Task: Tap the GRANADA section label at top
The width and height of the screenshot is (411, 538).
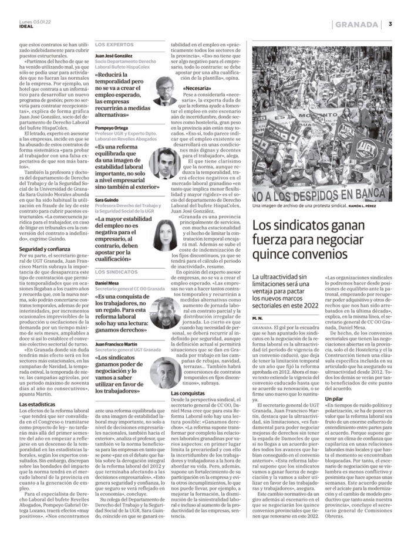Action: [355, 24]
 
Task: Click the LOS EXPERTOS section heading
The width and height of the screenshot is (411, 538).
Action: [114, 44]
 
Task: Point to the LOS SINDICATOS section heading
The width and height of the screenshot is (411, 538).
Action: [117, 272]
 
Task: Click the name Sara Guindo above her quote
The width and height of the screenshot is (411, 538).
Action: [107, 200]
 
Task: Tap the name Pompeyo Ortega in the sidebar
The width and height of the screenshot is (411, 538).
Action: [112, 127]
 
